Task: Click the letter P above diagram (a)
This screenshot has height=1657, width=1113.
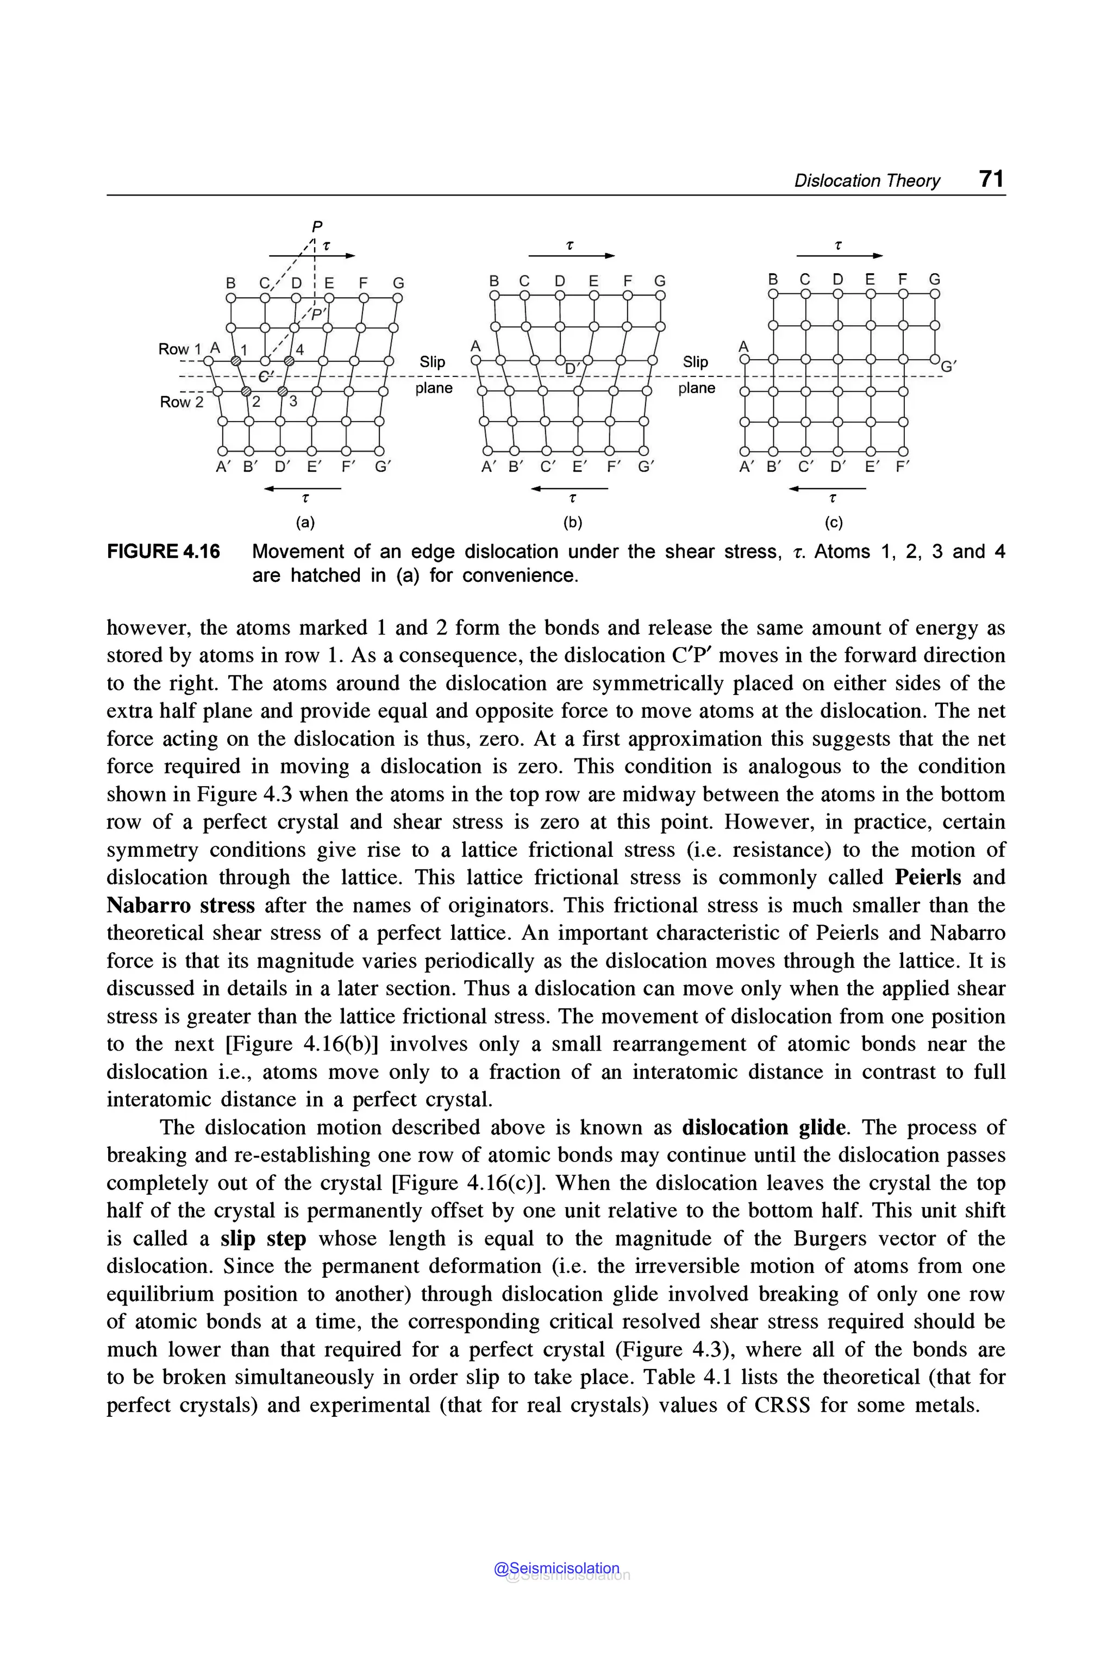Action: (317, 227)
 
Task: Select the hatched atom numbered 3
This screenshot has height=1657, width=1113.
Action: (282, 392)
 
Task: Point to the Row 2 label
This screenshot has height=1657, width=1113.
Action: (181, 401)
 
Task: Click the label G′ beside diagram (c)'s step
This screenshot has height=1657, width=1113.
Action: (948, 367)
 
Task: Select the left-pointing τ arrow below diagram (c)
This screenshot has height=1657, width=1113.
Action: (828, 489)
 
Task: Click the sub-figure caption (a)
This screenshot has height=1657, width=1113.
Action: (305, 523)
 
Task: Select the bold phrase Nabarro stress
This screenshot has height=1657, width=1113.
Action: (180, 906)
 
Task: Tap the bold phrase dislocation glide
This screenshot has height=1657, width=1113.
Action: (764, 1128)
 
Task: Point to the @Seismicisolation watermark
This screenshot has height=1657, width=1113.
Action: (557, 1568)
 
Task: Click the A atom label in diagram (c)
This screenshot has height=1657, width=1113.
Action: (743, 346)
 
